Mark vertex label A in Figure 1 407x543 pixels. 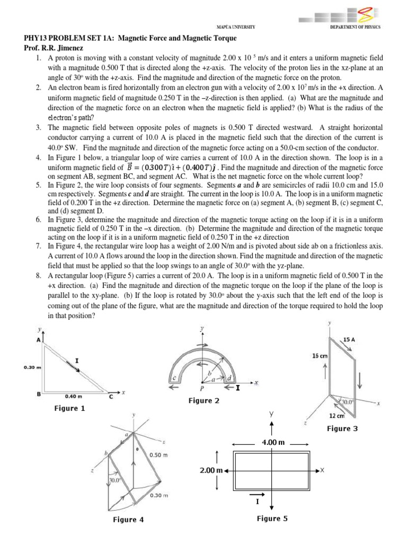click(x=39, y=340)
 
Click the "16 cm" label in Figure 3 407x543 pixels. click(x=319, y=356)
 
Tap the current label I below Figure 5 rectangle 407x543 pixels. click(x=257, y=501)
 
